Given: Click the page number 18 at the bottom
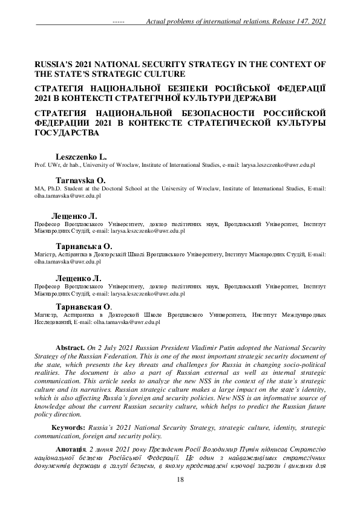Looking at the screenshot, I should pyautogui.click(x=180, y=479).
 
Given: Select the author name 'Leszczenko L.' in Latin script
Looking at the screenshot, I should pyautogui.click(x=81, y=156).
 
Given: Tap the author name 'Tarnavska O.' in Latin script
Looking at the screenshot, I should pyautogui.click(x=80, y=180).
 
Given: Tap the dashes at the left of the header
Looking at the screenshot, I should pyautogui.click(x=119, y=22).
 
